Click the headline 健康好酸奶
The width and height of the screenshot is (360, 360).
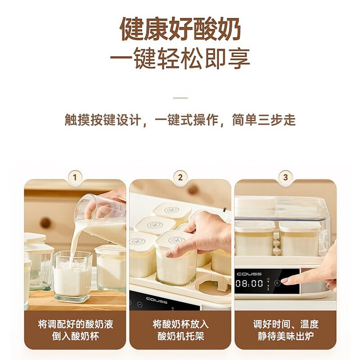180,29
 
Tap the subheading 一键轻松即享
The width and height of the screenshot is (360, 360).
180,58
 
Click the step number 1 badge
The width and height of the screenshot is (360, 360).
75,177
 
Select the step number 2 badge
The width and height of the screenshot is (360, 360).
180,177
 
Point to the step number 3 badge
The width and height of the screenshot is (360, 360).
285,177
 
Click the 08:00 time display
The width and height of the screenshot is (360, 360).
249,283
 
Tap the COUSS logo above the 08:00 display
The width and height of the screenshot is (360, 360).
249,274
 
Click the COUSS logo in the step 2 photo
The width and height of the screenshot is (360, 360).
157,300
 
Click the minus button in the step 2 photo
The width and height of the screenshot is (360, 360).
139,305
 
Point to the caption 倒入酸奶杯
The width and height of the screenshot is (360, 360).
75,336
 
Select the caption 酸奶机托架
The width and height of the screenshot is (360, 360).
180,336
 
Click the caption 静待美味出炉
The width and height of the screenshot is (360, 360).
286,336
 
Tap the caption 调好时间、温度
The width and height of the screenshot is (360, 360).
286,324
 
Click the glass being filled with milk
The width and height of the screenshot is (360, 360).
73,277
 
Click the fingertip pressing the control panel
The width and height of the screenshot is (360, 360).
284,281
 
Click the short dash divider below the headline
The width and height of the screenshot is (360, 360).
180,98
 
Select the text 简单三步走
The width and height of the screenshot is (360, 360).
264,120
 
